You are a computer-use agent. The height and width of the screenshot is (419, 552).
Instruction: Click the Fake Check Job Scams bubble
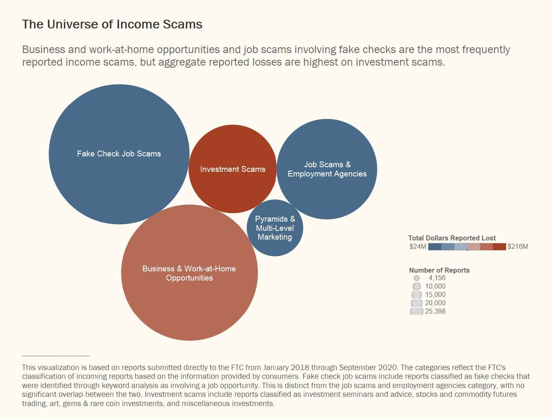tap(119, 154)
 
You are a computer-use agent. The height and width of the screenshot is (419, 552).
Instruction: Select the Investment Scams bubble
tap(232, 169)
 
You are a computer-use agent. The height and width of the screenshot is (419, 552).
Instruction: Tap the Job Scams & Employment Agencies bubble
tap(327, 169)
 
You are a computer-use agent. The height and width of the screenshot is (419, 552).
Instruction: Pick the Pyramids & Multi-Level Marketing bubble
tap(275, 228)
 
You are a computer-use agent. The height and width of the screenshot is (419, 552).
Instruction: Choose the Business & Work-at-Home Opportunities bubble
tap(189, 273)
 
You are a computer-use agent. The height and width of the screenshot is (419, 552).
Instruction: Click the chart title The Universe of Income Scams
tap(112, 24)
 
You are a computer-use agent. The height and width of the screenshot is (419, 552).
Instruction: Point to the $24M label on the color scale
tap(418, 246)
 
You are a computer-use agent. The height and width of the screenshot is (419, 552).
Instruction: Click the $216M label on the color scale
tap(518, 246)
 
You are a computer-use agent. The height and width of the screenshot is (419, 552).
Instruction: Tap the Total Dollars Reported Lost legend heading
tap(452, 238)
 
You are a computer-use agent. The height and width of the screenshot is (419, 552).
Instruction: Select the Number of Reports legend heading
tap(439, 270)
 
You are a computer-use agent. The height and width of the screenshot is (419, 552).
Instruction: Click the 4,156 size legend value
tap(437, 278)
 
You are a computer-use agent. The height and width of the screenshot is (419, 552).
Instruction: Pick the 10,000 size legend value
tap(435, 286)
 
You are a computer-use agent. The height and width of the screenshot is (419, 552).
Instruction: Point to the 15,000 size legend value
tap(435, 294)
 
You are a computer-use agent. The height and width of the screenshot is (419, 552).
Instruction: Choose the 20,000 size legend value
tap(435, 303)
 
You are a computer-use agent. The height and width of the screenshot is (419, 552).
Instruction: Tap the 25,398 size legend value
tap(435, 311)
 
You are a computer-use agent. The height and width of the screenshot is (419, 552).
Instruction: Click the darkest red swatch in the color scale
tap(499, 247)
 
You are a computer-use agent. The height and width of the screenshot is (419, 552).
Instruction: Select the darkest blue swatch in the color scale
tap(435, 247)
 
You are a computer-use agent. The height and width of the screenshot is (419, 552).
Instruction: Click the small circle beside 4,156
tap(417, 278)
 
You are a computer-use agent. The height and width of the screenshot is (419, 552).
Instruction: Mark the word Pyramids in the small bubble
tap(271, 219)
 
